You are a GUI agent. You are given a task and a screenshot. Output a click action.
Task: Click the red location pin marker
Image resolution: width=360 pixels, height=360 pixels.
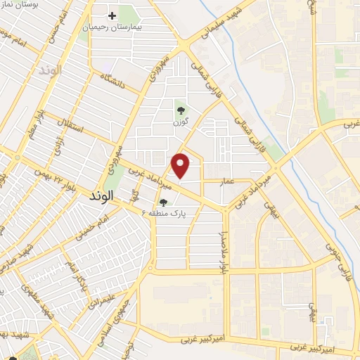(x=181, y=165)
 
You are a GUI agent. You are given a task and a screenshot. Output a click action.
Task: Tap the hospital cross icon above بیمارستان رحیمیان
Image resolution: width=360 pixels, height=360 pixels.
(x=111, y=15)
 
